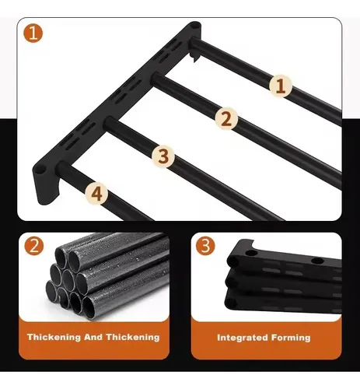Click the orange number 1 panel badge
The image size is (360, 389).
tap(33, 33)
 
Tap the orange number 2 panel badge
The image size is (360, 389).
tap(34, 246)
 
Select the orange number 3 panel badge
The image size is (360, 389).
tap(205, 246)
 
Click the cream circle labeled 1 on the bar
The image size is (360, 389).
tap(281, 86)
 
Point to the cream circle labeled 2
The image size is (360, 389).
tap(226, 119)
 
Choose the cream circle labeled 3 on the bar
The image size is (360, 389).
tap(163, 156)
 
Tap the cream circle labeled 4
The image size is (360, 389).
tap(96, 194)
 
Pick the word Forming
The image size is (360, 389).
tap(291, 338)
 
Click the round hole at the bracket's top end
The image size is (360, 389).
tap(195, 26)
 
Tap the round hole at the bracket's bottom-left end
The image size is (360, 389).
tap(40, 171)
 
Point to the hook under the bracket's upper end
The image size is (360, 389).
tap(194, 57)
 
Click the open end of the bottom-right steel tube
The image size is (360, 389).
tap(90, 307)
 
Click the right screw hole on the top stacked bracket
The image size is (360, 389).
tap(317, 261)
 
